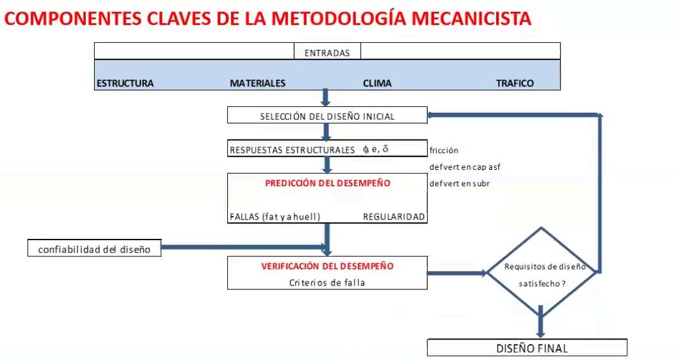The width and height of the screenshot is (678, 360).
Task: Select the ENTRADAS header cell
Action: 327,53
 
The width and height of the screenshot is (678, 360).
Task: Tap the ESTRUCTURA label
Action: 125,83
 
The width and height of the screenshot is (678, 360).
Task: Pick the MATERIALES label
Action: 257,83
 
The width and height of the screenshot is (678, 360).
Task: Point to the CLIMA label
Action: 377,83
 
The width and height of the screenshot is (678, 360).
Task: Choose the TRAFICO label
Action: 515,83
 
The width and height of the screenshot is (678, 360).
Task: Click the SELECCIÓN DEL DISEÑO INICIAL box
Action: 327,117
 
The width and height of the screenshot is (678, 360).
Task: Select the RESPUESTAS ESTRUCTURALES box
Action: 327,150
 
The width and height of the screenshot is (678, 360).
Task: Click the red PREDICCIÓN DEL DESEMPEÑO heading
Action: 327,183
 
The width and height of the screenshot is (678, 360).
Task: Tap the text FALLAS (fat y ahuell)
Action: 275,217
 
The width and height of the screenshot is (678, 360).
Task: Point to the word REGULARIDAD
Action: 394,217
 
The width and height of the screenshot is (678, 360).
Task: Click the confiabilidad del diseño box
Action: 94,249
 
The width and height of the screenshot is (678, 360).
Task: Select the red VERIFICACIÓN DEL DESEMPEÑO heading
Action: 327,265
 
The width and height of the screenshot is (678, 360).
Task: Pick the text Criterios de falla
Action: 327,282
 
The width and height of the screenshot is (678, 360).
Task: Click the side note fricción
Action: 444,151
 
